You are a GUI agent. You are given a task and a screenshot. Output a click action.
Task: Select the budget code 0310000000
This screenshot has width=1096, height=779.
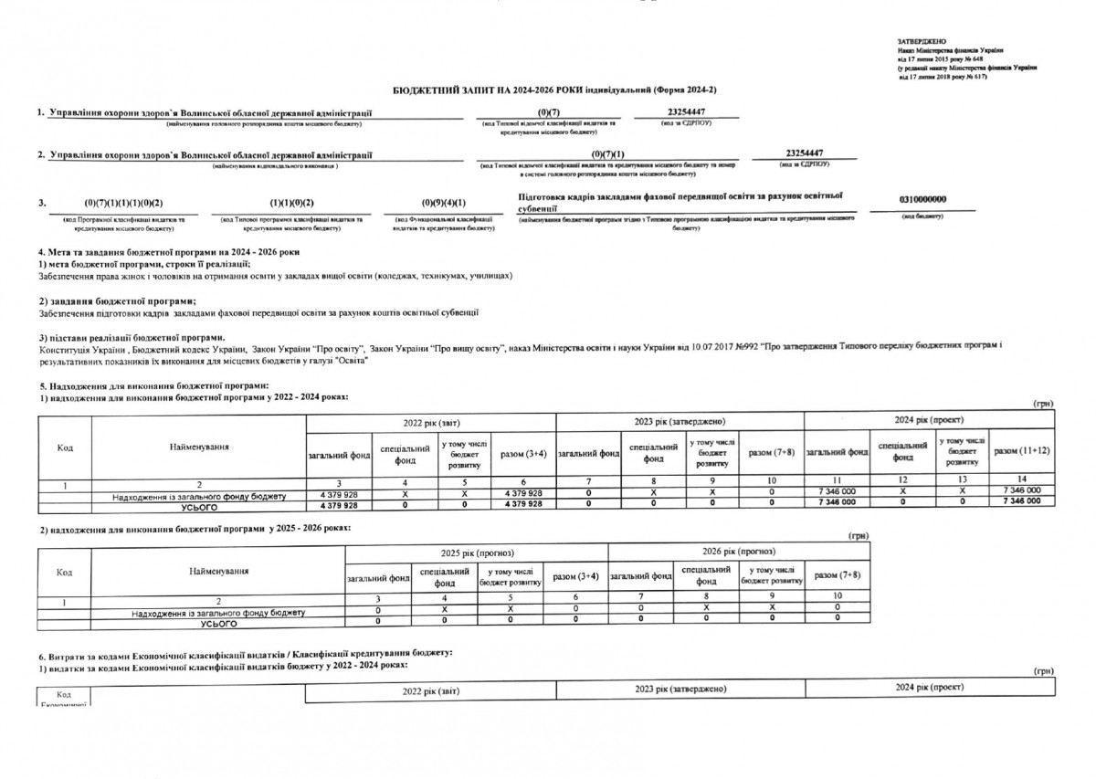pos(922,199)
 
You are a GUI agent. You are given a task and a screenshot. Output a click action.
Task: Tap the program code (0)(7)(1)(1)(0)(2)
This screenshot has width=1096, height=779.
pos(122,202)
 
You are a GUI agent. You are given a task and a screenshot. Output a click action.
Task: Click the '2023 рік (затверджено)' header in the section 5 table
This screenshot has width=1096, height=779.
pos(680,422)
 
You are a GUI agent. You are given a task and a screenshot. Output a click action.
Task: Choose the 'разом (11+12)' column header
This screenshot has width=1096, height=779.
pos(1021,452)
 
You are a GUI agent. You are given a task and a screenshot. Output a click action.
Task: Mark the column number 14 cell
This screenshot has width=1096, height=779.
pos(1021,481)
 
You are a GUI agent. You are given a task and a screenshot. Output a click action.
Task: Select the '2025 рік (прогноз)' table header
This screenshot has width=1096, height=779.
pos(476,553)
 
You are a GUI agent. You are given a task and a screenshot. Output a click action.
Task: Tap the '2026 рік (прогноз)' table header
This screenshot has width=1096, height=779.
pos(738,553)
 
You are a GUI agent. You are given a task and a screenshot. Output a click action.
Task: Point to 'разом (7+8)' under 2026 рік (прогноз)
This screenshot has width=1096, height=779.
pos(837,575)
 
